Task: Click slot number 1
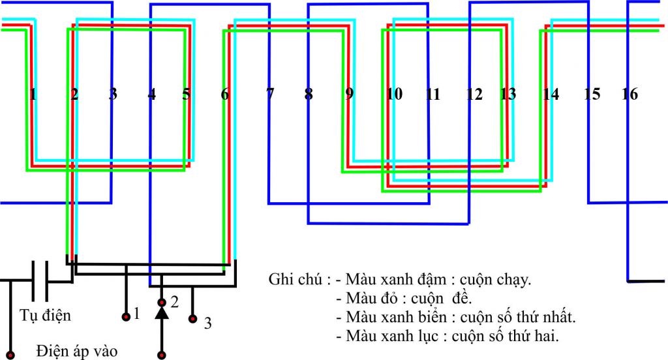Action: click(x=33, y=94)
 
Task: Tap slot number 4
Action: click(x=152, y=94)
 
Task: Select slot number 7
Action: click(x=269, y=94)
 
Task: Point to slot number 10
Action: click(x=394, y=94)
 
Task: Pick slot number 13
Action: click(x=508, y=94)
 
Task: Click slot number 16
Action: click(x=630, y=94)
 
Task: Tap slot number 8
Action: click(x=309, y=94)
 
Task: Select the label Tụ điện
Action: click(x=46, y=316)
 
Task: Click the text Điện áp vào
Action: click(x=77, y=352)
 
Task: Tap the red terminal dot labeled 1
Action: click(x=125, y=317)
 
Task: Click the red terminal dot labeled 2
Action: click(x=162, y=303)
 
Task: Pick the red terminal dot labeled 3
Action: click(x=192, y=319)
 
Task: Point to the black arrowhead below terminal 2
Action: click(x=162, y=314)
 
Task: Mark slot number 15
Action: click(x=592, y=94)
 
